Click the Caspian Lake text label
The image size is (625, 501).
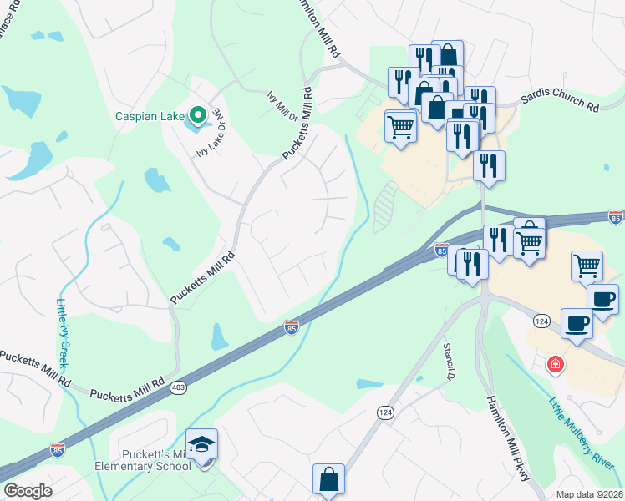click(x=149, y=116)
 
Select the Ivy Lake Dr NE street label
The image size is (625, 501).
click(x=211, y=134)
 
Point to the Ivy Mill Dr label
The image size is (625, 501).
click(x=282, y=104)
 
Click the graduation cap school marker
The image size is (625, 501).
click(x=201, y=444)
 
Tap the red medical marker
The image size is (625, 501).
click(x=553, y=365)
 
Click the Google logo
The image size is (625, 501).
click(x=28, y=491)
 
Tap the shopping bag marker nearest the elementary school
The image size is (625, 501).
click(x=328, y=479)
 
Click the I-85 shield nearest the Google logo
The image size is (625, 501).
click(x=57, y=448)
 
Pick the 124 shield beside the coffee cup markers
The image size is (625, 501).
click(x=541, y=321)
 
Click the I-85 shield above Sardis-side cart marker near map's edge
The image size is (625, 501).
click(x=616, y=218)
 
